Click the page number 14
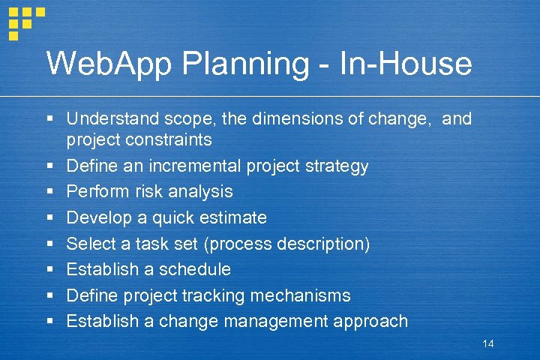pyautogui.click(x=488, y=343)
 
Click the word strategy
pyautogui.click(x=335, y=166)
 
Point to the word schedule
pyautogui.click(x=197, y=269)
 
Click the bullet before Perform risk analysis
pyautogui.click(x=49, y=192)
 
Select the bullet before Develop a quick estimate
pyautogui.click(x=49, y=218)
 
